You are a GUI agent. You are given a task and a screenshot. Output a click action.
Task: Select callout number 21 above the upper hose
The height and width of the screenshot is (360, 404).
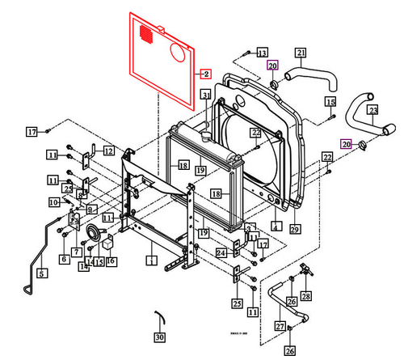pyautogui.click(x=300, y=53)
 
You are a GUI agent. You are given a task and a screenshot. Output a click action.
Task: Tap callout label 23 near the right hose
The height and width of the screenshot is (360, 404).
pyautogui.click(x=372, y=110)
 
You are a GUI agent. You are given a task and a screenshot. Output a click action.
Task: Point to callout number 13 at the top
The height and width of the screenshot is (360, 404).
pyautogui.click(x=262, y=53)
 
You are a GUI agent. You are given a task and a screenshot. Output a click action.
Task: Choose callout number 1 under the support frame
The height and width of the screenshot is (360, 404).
pyautogui.click(x=149, y=260)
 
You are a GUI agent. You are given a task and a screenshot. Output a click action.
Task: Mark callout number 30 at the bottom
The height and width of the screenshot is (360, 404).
pyautogui.click(x=159, y=336)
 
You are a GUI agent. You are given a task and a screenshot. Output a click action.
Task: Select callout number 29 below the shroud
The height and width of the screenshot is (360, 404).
pyautogui.click(x=294, y=230)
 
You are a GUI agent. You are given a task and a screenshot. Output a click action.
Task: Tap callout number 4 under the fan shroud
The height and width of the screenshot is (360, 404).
pyautogui.click(x=276, y=227)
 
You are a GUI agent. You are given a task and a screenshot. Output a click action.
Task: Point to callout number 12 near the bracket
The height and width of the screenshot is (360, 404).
pyautogui.click(x=108, y=150)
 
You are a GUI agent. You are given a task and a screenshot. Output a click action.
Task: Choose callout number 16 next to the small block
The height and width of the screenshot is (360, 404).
pyautogui.click(x=111, y=261)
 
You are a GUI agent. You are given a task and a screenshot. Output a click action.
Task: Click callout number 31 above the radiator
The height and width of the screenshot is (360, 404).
pyautogui.click(x=206, y=96)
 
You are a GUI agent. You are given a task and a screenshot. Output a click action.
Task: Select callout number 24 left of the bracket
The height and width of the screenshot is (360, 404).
pyautogui.click(x=221, y=252)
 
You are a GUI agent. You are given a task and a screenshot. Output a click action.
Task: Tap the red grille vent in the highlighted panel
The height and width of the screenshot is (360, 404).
pyautogui.click(x=146, y=36)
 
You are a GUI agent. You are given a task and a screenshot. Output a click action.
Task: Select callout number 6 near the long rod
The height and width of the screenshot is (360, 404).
pyautogui.click(x=63, y=259)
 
